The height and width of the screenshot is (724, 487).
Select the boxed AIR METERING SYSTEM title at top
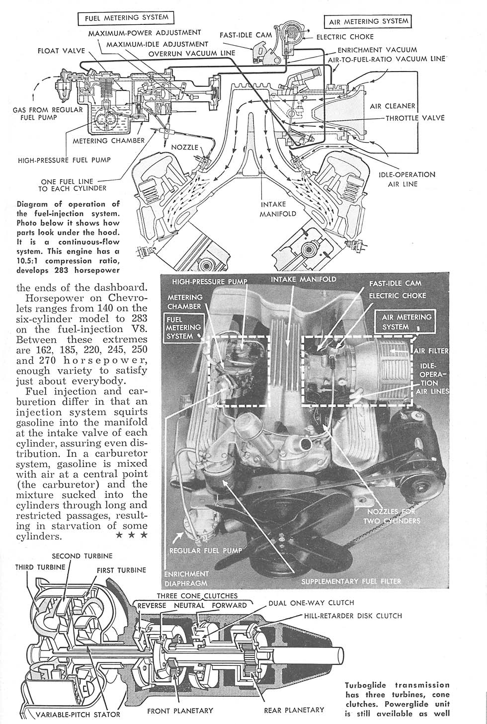368,21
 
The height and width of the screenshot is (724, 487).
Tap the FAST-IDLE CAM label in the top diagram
246,35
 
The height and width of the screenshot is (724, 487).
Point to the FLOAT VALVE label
62,51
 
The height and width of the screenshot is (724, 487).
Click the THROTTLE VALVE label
415,118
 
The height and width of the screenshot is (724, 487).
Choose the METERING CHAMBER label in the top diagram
109,141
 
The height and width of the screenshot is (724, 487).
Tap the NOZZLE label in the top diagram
185,148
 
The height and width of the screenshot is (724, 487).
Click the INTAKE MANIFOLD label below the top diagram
271,209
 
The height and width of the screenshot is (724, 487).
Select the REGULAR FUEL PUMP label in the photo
206,551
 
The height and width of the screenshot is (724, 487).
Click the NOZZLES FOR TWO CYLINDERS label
392,516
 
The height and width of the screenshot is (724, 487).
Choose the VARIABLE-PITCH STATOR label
79,715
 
